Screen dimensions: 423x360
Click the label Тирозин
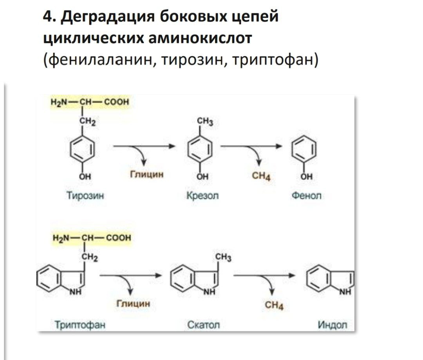(85, 195)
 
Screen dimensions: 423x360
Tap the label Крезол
(202, 195)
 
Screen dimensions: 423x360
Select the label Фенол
(306, 195)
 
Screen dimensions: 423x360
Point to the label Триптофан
(80, 325)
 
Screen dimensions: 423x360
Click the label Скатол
(203, 325)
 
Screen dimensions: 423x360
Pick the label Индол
(333, 325)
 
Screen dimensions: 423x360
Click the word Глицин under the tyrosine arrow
(147, 175)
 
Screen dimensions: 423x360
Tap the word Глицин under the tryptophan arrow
(133, 304)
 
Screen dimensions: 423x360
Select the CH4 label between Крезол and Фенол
(261, 176)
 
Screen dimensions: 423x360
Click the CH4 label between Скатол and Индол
(274, 305)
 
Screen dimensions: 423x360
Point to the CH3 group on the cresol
(205, 122)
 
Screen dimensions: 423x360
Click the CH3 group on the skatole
(223, 257)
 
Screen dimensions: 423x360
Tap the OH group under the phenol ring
(306, 176)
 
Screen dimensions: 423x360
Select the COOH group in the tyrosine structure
(117, 102)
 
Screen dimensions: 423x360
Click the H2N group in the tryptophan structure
(61, 238)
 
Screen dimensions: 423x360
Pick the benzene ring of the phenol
(304, 149)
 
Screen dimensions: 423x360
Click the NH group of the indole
(345, 292)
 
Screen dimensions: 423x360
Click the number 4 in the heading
(47, 17)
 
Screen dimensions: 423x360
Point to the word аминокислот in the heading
(200, 38)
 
